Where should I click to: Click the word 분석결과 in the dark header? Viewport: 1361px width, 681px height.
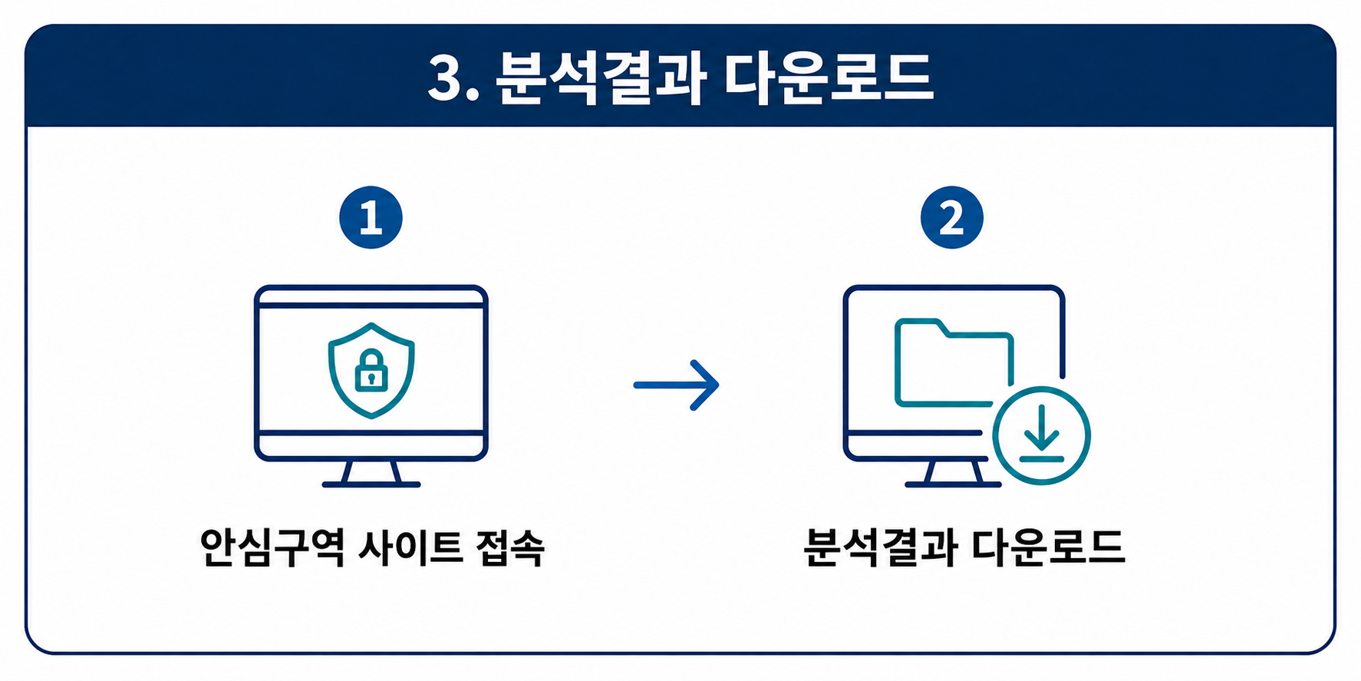pos(601,78)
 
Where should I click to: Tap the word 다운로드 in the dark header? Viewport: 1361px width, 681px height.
pos(829,78)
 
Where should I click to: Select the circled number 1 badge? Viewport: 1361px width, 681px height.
pos(371,217)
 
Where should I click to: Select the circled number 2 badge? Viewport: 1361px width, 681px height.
pos(952,217)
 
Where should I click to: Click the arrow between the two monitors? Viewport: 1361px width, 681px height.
pos(676,385)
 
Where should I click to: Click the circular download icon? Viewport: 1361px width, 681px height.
pos(1041,435)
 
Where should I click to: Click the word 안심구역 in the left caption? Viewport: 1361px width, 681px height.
pos(272,547)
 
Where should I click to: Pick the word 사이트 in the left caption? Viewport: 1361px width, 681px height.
pos(410,547)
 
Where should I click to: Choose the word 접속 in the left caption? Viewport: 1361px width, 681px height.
pos(510,547)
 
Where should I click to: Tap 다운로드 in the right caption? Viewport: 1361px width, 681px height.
pos(1048,547)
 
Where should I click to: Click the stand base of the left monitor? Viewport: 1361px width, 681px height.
pos(371,484)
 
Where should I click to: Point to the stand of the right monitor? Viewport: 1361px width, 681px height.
pos(954,473)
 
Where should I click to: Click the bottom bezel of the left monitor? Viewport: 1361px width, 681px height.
pos(371,446)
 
